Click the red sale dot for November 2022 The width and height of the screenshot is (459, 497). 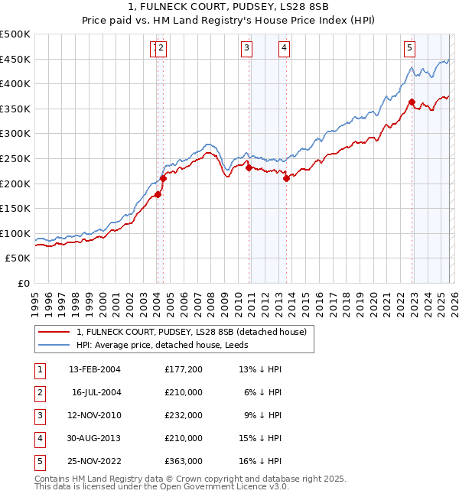(412, 102)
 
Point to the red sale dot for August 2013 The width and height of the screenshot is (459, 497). (286, 178)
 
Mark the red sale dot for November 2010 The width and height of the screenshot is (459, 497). (249, 167)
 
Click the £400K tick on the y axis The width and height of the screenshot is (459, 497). (15, 84)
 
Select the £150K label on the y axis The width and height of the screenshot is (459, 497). (15, 209)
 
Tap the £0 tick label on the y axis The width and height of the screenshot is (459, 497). (24, 284)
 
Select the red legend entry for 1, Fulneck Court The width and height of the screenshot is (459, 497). (191, 332)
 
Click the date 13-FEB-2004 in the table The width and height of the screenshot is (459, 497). (95, 369)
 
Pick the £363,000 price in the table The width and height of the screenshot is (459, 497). (184, 461)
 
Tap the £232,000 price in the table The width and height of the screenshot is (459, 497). (184, 415)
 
